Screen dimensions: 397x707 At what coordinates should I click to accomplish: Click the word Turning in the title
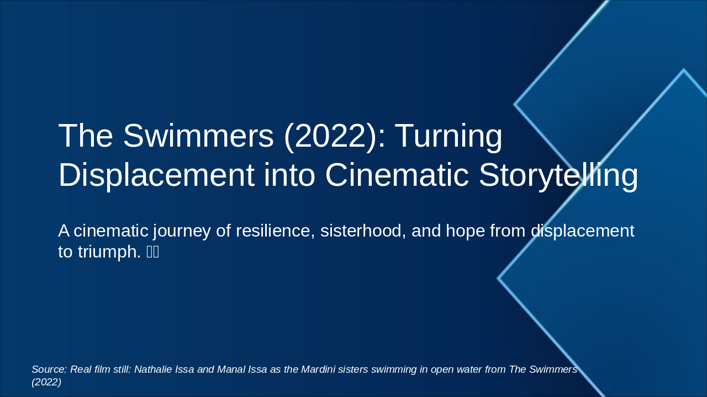coord(448,136)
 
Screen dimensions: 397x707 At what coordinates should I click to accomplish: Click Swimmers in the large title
coord(198,136)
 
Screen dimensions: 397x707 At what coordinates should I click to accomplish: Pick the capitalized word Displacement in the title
coord(156,176)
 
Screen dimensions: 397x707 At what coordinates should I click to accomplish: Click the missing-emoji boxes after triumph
coord(152,253)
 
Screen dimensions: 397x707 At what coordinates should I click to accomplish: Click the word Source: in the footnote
coord(49,369)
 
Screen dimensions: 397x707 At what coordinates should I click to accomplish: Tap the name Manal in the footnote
coord(232,369)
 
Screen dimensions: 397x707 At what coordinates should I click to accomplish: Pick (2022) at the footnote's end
coord(46,382)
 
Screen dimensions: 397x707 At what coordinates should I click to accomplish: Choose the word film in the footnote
coord(102,369)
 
